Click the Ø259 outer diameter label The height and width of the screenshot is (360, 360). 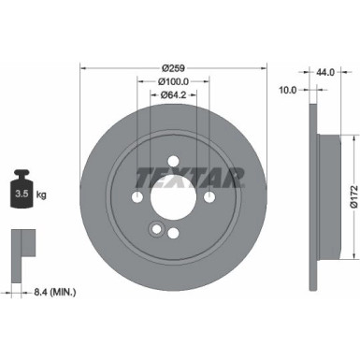[174, 67]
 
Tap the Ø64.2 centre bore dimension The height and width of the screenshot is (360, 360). [174, 94]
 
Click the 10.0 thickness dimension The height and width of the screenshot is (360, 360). [288, 91]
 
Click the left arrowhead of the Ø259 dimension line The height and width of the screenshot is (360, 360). [84, 67]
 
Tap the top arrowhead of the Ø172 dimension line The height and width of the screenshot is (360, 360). [353, 138]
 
